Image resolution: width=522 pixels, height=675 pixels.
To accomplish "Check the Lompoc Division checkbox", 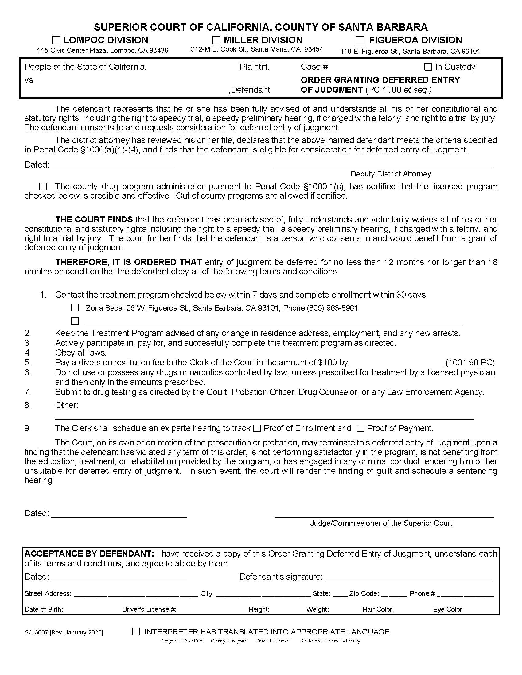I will pos(56,40).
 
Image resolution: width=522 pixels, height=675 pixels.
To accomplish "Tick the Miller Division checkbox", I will pos(216,40).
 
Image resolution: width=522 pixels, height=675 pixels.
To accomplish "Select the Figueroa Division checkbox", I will pos(360,40).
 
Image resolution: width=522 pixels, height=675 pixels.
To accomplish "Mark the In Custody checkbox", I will pos(428,67).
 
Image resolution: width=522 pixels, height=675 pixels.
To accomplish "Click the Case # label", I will pos(314,67).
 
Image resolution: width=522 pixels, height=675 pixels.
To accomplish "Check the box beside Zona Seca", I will pos(75,308).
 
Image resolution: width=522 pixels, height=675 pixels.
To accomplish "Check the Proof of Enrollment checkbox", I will pos(257,428).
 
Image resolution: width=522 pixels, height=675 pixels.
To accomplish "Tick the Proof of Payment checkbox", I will pos(360,428).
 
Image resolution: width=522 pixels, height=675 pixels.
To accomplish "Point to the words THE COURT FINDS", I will pos(94,219).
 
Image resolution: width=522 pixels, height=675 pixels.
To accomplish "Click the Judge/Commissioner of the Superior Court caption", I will pos(381,523).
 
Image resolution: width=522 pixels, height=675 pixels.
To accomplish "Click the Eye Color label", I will pos(448,609).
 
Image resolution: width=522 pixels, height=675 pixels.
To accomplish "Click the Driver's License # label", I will pos(149,609).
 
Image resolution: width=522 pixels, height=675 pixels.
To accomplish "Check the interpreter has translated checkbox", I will pos(136,632).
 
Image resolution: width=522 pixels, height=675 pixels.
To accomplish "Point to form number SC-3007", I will pos(36,632).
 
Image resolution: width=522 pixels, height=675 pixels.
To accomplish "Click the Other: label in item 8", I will pos(67,405).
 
